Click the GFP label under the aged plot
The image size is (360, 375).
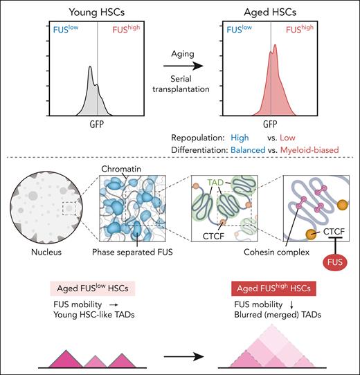[271, 127]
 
